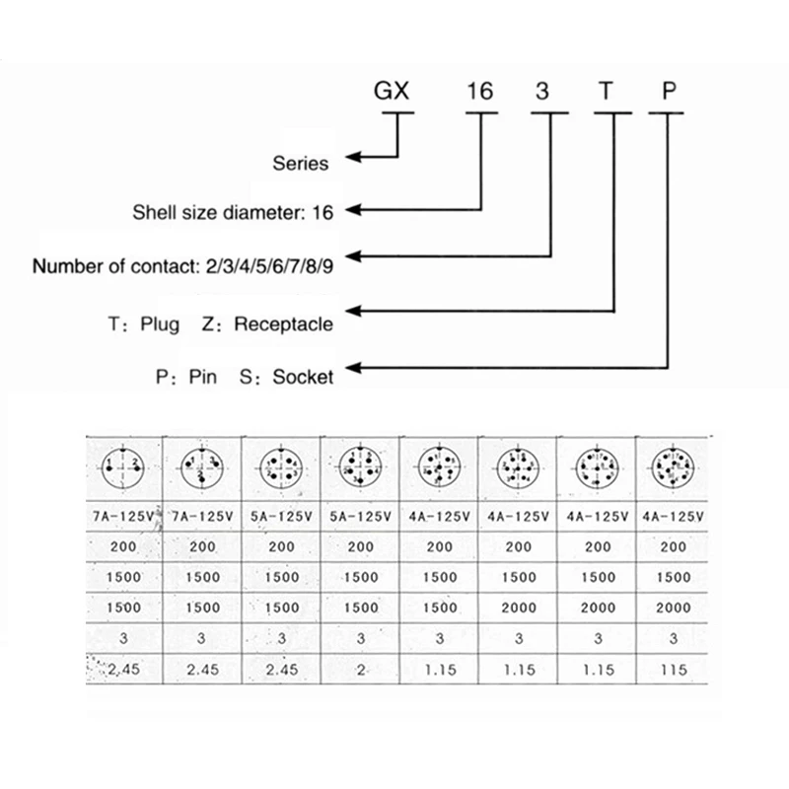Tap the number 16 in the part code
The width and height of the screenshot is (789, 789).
click(479, 94)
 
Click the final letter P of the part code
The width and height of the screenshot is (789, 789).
click(670, 94)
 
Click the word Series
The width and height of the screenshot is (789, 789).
click(300, 163)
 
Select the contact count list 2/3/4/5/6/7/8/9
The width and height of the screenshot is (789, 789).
click(266, 266)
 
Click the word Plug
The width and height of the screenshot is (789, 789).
click(159, 323)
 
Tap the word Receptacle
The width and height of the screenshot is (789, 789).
click(283, 323)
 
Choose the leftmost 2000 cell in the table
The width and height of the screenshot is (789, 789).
click(517, 609)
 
